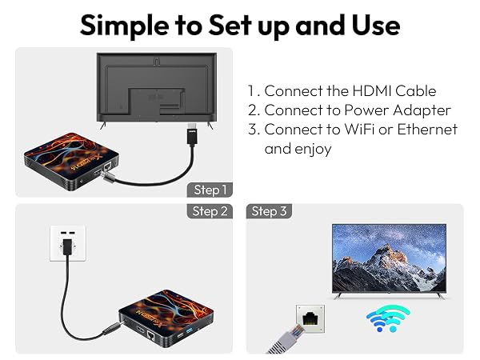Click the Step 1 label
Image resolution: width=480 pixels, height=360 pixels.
[210, 190]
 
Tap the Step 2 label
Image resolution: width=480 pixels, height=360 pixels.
[210, 211]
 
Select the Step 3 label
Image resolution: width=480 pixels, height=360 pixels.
[269, 211]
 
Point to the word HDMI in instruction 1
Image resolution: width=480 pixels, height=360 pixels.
[372, 91]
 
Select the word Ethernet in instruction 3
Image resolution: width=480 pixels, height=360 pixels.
[427, 129]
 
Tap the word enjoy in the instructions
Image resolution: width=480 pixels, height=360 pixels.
[313, 150]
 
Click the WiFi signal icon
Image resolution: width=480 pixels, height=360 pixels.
[388, 318]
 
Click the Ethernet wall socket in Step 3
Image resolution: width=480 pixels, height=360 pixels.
[310, 318]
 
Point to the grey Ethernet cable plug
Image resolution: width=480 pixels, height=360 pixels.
[286, 339]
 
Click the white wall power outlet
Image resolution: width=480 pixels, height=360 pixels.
[68, 243]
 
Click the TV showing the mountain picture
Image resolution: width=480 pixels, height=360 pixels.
[389, 261]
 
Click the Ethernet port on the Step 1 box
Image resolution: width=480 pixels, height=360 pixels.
[107, 167]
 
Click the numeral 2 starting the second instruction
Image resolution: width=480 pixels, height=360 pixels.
[253, 110]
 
